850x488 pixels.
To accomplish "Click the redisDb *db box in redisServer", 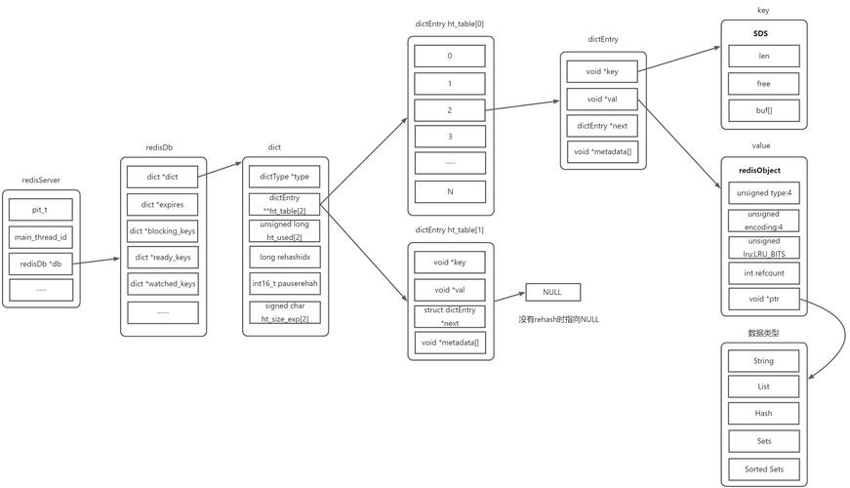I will [40, 264].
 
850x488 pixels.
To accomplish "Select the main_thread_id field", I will [40, 237].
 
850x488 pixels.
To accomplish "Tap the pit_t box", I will [40, 210].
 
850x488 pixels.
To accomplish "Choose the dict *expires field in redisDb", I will [162, 204].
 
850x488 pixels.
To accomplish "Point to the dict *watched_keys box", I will [162, 284].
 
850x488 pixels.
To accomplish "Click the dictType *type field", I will [284, 177].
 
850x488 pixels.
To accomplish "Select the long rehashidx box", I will [284, 257].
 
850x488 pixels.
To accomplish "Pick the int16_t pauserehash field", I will [284, 284].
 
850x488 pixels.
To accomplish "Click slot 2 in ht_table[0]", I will [450, 110].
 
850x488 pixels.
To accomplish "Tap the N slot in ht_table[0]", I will [450, 191].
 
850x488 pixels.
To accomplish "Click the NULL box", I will [552, 292].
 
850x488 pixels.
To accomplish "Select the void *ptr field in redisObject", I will [763, 300].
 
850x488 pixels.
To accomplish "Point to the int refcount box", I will [763, 273].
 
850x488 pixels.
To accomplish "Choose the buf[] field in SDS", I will [763, 110].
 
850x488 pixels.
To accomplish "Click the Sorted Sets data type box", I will [763, 468].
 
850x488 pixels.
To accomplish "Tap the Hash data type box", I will [763, 414].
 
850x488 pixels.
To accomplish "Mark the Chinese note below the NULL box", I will [558, 319].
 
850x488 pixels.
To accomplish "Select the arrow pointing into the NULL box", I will [509, 296].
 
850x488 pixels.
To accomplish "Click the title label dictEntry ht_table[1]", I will [449, 230].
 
